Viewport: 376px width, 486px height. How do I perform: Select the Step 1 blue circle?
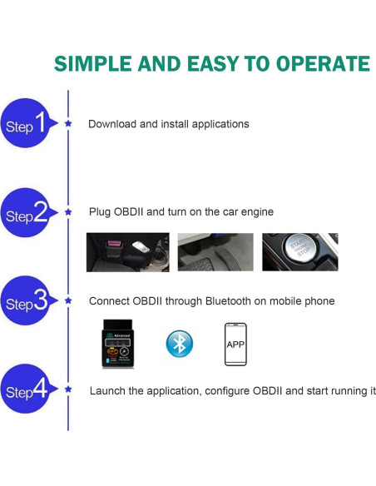[x=26, y=124]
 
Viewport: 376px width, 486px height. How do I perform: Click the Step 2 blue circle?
[x=26, y=215]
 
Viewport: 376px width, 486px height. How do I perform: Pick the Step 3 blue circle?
[x=26, y=301]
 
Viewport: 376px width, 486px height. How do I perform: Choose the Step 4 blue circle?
[x=26, y=389]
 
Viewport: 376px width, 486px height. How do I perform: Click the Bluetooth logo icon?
[x=179, y=343]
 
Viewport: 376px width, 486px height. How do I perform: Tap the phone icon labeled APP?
[x=235, y=344]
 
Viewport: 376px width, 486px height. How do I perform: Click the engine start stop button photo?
[x=299, y=251]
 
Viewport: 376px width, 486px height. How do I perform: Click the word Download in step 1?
[x=112, y=124]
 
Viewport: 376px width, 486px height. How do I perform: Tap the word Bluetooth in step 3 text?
[x=223, y=300]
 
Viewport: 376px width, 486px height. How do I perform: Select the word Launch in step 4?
[x=108, y=390]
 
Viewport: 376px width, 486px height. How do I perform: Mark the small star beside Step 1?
[x=68, y=123]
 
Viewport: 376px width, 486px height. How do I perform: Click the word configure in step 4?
[x=230, y=390]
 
